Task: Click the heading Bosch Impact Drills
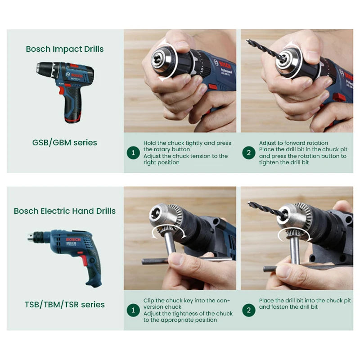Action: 65,49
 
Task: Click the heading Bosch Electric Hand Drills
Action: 65,211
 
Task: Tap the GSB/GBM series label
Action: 65,143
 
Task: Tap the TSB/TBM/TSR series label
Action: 65,305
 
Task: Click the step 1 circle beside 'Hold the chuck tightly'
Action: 133,153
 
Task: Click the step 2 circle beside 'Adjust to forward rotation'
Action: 248,153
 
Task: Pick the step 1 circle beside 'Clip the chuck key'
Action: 133,310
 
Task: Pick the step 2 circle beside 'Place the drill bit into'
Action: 248,310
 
